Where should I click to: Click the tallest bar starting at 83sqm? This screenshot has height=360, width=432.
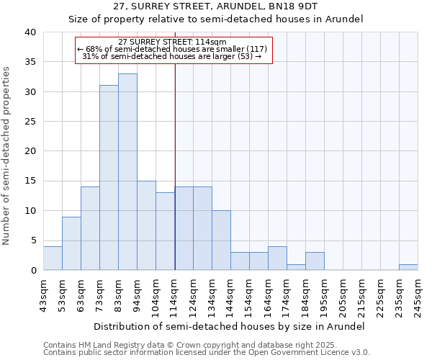click(x=127, y=172)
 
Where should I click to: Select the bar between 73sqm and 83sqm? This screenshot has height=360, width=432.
click(x=109, y=178)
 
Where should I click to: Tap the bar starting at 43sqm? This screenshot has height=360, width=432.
click(x=53, y=258)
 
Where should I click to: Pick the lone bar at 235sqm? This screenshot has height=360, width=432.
click(x=408, y=267)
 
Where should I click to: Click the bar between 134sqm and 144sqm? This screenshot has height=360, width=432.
click(x=221, y=240)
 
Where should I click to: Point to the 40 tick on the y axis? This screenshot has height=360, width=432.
click(x=29, y=32)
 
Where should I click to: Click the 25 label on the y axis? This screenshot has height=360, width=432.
click(x=29, y=122)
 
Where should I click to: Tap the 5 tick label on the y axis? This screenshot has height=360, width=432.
click(x=32, y=241)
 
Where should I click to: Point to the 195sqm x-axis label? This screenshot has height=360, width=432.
click(x=325, y=294)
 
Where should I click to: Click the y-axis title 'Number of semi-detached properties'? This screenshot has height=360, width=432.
click(x=6, y=156)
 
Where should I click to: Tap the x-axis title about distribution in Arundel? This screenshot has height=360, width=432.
click(x=229, y=326)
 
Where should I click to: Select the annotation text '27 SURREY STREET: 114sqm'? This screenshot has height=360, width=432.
click(x=172, y=42)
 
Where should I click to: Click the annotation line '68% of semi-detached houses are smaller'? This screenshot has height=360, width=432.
click(x=172, y=49)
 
